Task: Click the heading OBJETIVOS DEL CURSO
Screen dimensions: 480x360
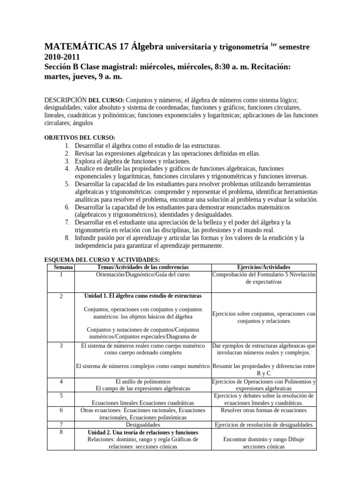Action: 79,138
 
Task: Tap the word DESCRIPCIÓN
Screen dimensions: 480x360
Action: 66,100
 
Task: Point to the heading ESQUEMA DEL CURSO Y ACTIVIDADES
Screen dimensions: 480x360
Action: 102,259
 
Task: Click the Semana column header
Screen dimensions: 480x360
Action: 61,267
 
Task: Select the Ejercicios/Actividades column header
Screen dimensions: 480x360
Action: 264,267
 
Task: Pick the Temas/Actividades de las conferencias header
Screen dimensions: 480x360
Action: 142,267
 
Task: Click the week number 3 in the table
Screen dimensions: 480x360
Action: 61,346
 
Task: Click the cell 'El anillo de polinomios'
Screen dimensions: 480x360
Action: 142,381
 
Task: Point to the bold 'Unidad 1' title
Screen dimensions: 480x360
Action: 142,296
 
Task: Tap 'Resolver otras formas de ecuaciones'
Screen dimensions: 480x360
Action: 263,410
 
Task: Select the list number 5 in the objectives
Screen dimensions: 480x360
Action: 67,184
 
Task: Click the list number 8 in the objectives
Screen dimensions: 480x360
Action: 67,238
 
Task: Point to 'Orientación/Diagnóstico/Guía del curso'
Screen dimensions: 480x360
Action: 142,274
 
